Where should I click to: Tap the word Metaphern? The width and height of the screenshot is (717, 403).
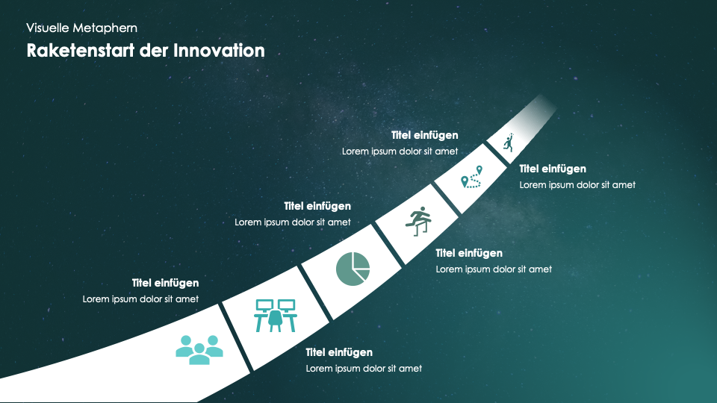[105, 28]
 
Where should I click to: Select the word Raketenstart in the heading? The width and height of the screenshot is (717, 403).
[81, 51]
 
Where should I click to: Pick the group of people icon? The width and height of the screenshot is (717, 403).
[199, 350]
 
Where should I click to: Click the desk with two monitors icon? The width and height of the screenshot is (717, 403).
[276, 315]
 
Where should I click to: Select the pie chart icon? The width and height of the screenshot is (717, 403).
[353, 269]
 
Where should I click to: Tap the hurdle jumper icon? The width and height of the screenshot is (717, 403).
[418, 221]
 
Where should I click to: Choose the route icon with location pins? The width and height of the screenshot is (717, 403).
[471, 177]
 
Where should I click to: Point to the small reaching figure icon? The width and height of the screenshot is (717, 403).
[509, 143]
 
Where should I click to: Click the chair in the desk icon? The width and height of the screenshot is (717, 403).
[276, 320]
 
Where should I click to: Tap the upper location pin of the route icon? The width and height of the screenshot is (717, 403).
[479, 170]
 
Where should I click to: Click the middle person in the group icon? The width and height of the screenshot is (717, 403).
[199, 354]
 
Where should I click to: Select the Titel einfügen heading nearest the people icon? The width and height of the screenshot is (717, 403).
[166, 284]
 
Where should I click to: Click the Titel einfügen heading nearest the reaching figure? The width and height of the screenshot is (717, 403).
[553, 169]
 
